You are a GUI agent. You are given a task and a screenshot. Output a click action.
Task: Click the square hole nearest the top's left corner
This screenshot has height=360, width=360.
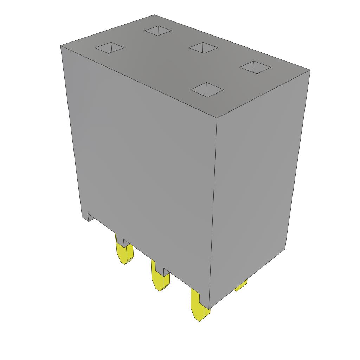110,48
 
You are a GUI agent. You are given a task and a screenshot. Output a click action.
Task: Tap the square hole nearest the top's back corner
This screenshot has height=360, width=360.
158,31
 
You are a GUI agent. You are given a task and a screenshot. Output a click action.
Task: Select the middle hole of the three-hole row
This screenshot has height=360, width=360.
203,48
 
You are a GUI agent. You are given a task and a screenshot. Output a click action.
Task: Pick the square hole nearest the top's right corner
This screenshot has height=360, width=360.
256,67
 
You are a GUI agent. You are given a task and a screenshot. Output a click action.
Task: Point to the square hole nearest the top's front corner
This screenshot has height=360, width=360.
207,90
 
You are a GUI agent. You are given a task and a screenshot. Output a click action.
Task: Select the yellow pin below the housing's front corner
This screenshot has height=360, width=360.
199,306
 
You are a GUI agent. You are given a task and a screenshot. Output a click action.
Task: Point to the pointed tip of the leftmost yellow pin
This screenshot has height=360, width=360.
125,263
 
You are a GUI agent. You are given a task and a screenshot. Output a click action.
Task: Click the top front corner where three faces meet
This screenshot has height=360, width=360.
217,117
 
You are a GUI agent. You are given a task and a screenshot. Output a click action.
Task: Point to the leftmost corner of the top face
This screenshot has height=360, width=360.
61,46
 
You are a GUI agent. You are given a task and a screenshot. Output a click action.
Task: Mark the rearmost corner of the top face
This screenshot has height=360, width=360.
154,15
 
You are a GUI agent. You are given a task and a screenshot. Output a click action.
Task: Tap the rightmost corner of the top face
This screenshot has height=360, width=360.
310,70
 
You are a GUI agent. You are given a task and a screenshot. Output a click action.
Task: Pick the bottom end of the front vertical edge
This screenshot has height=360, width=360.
210,308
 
